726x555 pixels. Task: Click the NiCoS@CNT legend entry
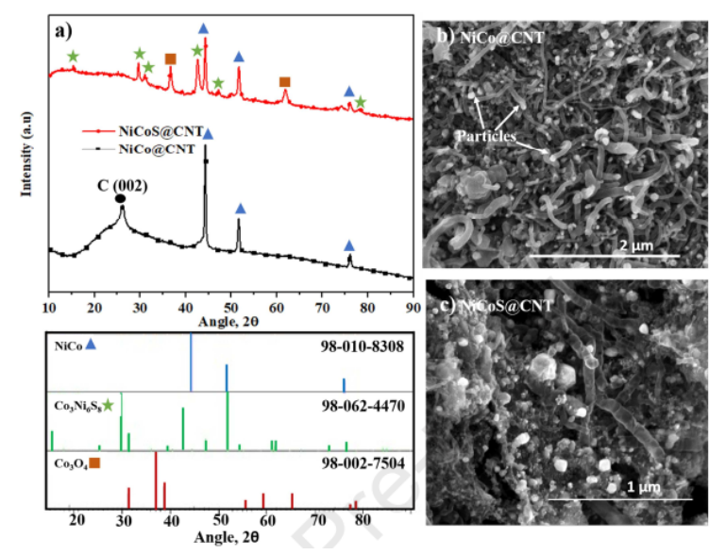point(157,132)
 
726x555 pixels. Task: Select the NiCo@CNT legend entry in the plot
point(157,147)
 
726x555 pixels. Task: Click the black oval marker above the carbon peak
point(120,198)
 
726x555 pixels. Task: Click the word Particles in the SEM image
point(487,135)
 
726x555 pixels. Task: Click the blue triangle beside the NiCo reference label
point(91,345)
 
